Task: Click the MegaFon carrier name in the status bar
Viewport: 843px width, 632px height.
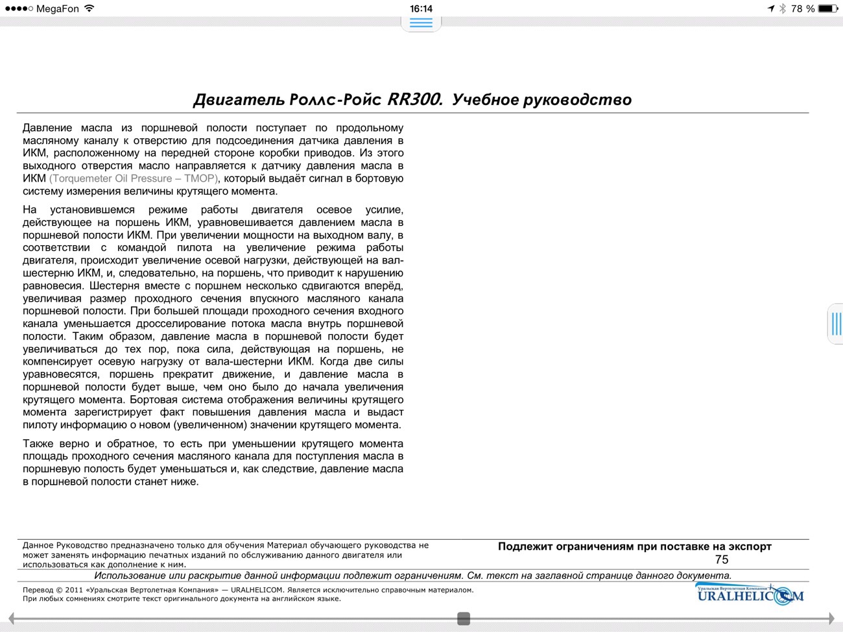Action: (57, 8)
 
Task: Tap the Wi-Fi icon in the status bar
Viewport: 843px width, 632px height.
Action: (89, 8)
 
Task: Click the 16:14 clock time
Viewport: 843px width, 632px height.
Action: (421, 8)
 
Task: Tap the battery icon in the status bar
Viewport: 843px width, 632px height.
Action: (828, 8)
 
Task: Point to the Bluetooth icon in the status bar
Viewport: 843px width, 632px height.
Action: (783, 8)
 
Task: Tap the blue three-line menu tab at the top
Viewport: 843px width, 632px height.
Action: (421, 23)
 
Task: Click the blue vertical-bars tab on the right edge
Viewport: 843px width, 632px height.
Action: (836, 323)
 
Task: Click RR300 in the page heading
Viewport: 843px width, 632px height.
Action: (415, 99)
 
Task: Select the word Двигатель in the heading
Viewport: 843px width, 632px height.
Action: (239, 100)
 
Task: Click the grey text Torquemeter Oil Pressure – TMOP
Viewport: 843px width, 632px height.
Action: (134, 178)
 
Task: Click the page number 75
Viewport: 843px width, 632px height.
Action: (722, 559)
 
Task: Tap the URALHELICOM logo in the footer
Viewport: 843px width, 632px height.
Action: (750, 594)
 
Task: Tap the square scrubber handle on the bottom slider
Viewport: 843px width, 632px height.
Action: (463, 619)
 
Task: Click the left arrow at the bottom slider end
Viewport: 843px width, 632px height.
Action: (11, 619)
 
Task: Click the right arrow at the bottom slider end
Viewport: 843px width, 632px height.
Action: (831, 619)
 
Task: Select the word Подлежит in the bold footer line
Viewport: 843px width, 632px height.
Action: (525, 546)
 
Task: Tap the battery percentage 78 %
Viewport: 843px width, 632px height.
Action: (803, 8)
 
